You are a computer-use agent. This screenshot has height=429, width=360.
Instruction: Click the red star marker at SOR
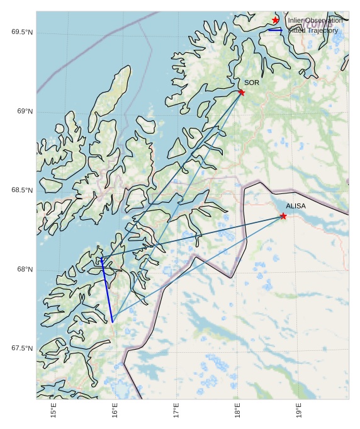point(242,93)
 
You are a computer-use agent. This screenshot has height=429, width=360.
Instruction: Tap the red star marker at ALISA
point(283,216)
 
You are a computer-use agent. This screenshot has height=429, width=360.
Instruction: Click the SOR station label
point(252,83)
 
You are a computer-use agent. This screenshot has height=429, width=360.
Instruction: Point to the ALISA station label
point(296,206)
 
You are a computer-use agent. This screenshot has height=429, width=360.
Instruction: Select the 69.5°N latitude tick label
point(22,32)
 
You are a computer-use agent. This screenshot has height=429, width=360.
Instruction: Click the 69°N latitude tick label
point(25,112)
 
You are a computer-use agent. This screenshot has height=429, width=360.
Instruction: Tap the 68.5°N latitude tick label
point(22,191)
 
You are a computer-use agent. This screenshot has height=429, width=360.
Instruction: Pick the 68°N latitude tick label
point(25,270)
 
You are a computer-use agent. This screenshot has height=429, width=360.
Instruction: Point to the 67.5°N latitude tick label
point(22,348)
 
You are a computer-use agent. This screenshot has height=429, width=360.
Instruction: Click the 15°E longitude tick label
point(54,413)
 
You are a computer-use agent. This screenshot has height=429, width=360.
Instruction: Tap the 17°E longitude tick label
point(177,413)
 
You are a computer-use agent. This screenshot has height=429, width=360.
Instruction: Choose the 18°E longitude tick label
point(239,413)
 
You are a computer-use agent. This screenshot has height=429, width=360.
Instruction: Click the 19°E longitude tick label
point(300,413)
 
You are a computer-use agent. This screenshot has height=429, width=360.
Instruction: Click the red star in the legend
point(276,20)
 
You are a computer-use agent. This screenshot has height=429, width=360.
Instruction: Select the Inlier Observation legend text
point(315,21)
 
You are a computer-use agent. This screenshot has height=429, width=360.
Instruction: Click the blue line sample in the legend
point(275,30)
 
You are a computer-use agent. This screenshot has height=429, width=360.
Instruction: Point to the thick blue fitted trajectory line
point(106,290)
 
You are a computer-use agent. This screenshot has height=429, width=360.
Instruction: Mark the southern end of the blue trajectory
point(112,322)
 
